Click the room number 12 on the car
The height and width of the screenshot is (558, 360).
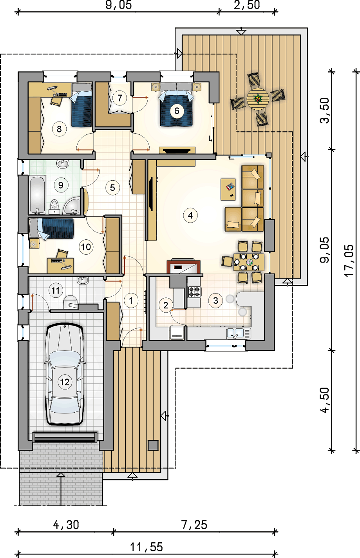tap(65, 382)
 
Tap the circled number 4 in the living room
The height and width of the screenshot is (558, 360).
tap(190, 215)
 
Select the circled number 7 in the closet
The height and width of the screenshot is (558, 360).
tap(120, 98)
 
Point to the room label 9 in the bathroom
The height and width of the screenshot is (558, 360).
tap(61, 185)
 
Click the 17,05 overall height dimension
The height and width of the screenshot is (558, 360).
tap(349, 260)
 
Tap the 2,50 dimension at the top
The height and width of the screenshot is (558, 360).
tap(247, 5)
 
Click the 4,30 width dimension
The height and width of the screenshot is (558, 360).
tap(66, 525)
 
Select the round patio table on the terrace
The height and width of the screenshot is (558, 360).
tap(258, 99)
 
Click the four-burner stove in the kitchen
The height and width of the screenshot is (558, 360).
tap(194, 292)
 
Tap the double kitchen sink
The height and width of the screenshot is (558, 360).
tap(239, 333)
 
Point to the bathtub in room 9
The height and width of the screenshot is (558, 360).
tap(37, 195)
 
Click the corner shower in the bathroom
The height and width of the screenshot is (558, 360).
tap(71, 205)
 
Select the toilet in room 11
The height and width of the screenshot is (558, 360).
tap(71, 302)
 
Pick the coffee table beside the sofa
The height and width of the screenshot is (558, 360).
tap(228, 189)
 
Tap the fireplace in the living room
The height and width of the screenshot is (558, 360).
tap(183, 266)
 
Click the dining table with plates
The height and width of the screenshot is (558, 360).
tap(249, 262)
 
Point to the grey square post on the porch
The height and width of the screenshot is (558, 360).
tap(153, 445)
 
